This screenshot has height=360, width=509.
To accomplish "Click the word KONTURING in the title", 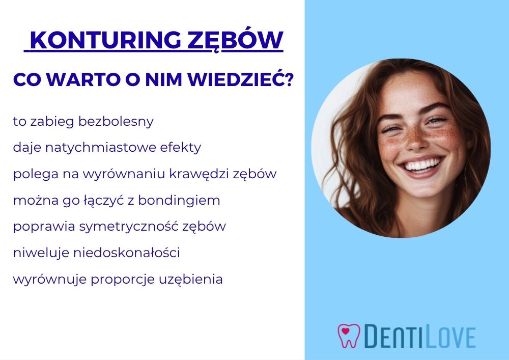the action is click(105, 40).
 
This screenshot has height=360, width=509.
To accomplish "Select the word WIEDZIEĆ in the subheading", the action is click(236, 79).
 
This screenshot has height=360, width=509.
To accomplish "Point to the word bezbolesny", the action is click(116, 121).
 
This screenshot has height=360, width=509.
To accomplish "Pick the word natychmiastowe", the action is click(101, 148).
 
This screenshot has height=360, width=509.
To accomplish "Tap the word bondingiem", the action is click(179, 200).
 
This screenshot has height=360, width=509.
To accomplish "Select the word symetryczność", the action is click(129, 226).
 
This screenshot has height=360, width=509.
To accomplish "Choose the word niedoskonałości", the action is click(127, 253).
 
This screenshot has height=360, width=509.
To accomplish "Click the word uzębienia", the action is click(191, 279).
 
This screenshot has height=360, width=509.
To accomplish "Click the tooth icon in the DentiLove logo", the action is click(349, 336).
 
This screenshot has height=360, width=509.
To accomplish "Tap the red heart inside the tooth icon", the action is click(346, 331).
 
